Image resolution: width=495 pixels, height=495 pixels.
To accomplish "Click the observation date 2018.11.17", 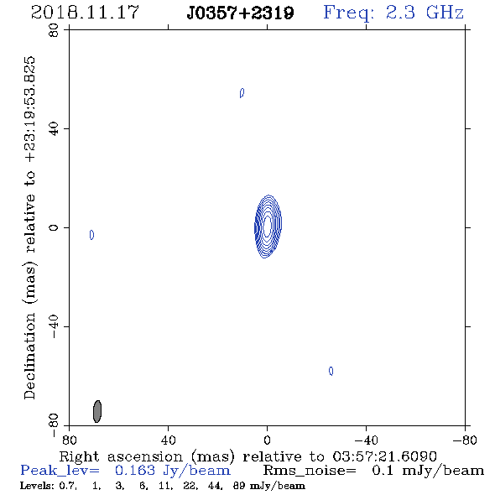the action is pyautogui.click(x=85, y=13).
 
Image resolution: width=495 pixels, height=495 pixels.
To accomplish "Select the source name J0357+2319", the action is pyautogui.click(x=240, y=13).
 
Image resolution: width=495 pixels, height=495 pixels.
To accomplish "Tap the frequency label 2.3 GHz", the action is pyautogui.click(x=425, y=13).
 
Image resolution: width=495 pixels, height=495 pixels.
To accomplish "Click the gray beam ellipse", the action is pyautogui.click(x=97, y=411).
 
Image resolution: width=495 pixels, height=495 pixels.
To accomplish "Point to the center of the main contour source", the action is pyautogui.click(x=268, y=227).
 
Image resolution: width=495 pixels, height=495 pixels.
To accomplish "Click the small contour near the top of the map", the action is pyautogui.click(x=242, y=93).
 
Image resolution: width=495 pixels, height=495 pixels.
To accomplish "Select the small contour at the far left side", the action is pyautogui.click(x=91, y=235).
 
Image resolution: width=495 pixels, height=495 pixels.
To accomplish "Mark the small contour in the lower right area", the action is pyautogui.click(x=331, y=371).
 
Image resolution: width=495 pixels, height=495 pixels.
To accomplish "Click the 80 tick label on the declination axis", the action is pyautogui.click(x=54, y=30).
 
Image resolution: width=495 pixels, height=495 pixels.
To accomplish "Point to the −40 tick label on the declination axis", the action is pyautogui.click(x=54, y=326).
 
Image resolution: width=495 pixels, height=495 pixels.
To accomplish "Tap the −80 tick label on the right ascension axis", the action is pyautogui.click(x=465, y=440).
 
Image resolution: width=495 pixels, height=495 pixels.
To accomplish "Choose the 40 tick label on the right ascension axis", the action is pyautogui.click(x=168, y=440).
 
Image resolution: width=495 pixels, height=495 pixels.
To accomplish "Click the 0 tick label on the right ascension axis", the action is pyautogui.click(x=267, y=440).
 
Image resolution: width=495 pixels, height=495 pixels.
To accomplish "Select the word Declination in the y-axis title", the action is pyautogui.click(x=29, y=356).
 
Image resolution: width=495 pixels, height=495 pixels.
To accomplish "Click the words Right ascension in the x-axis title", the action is pyautogui.click(x=121, y=456).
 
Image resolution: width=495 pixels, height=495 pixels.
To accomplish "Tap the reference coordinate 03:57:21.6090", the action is pyautogui.click(x=384, y=456).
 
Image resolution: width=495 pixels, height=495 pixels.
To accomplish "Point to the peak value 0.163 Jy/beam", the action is pyautogui.click(x=173, y=471).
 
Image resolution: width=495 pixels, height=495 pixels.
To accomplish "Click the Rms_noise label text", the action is pyautogui.click(x=310, y=471).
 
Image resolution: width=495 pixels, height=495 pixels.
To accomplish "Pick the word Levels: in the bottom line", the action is pyautogui.click(x=37, y=486).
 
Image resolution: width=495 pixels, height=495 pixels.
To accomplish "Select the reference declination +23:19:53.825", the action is pyautogui.click(x=30, y=109).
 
